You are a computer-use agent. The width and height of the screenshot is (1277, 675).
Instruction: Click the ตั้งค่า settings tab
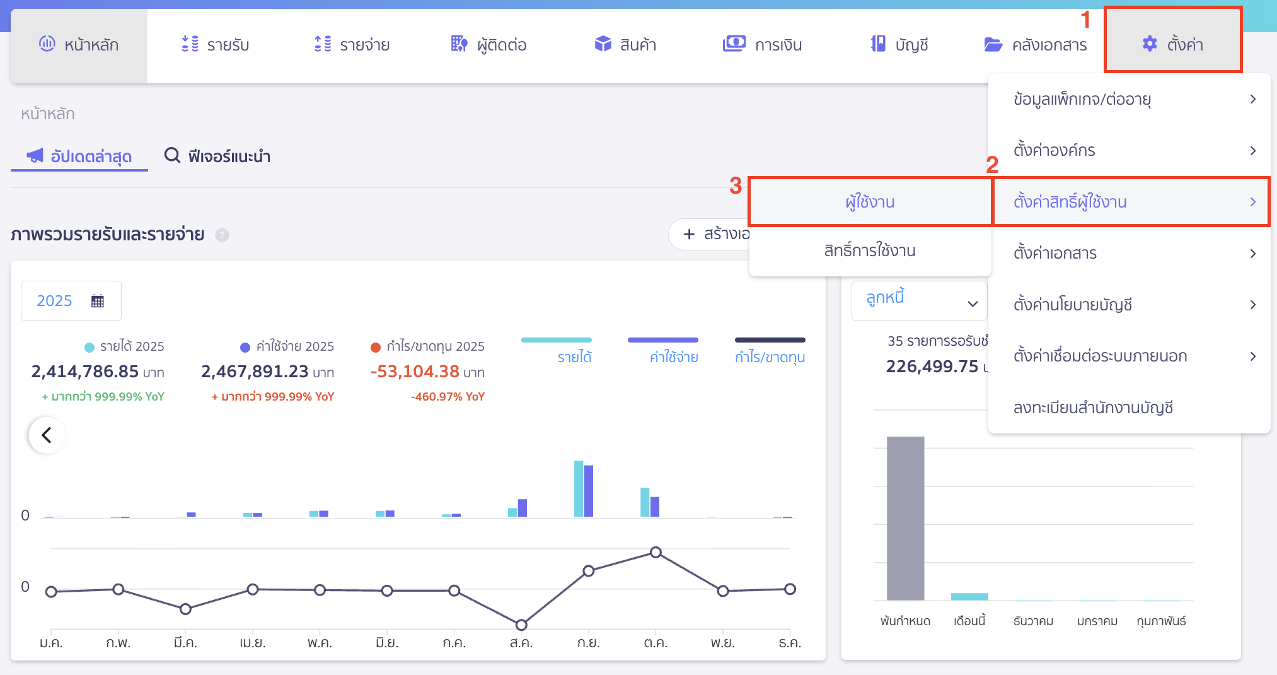tap(1172, 44)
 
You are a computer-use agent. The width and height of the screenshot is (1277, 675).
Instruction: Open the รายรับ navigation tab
tap(215, 45)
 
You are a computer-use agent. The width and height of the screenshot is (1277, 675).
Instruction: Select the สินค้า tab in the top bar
tap(625, 45)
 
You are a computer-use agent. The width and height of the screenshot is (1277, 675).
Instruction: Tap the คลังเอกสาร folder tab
tap(1035, 45)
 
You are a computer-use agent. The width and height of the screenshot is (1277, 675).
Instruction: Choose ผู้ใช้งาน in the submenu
tap(870, 202)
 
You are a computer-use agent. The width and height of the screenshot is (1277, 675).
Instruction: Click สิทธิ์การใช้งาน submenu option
tap(870, 250)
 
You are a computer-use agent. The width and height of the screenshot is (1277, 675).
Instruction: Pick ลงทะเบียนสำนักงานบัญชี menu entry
tap(1093, 408)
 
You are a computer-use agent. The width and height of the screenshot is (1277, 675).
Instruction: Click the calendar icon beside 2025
tap(97, 301)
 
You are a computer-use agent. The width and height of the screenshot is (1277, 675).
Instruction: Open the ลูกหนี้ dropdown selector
tap(919, 301)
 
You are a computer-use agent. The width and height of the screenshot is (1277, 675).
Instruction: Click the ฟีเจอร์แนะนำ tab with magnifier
tap(217, 156)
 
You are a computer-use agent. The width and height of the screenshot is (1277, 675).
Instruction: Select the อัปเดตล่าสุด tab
tap(79, 156)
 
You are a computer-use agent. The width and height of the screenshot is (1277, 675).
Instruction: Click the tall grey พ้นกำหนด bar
tap(905, 517)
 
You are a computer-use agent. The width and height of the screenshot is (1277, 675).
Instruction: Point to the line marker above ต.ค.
tap(656, 552)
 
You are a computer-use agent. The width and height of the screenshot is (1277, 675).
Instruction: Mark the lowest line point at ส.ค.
tap(521, 625)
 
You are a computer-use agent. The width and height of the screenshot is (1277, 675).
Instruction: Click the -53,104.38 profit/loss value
tap(415, 372)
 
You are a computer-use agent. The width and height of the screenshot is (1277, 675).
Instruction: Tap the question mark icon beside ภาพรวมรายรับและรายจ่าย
tap(222, 235)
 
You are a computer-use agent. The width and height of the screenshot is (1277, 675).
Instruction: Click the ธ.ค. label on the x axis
tap(789, 643)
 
